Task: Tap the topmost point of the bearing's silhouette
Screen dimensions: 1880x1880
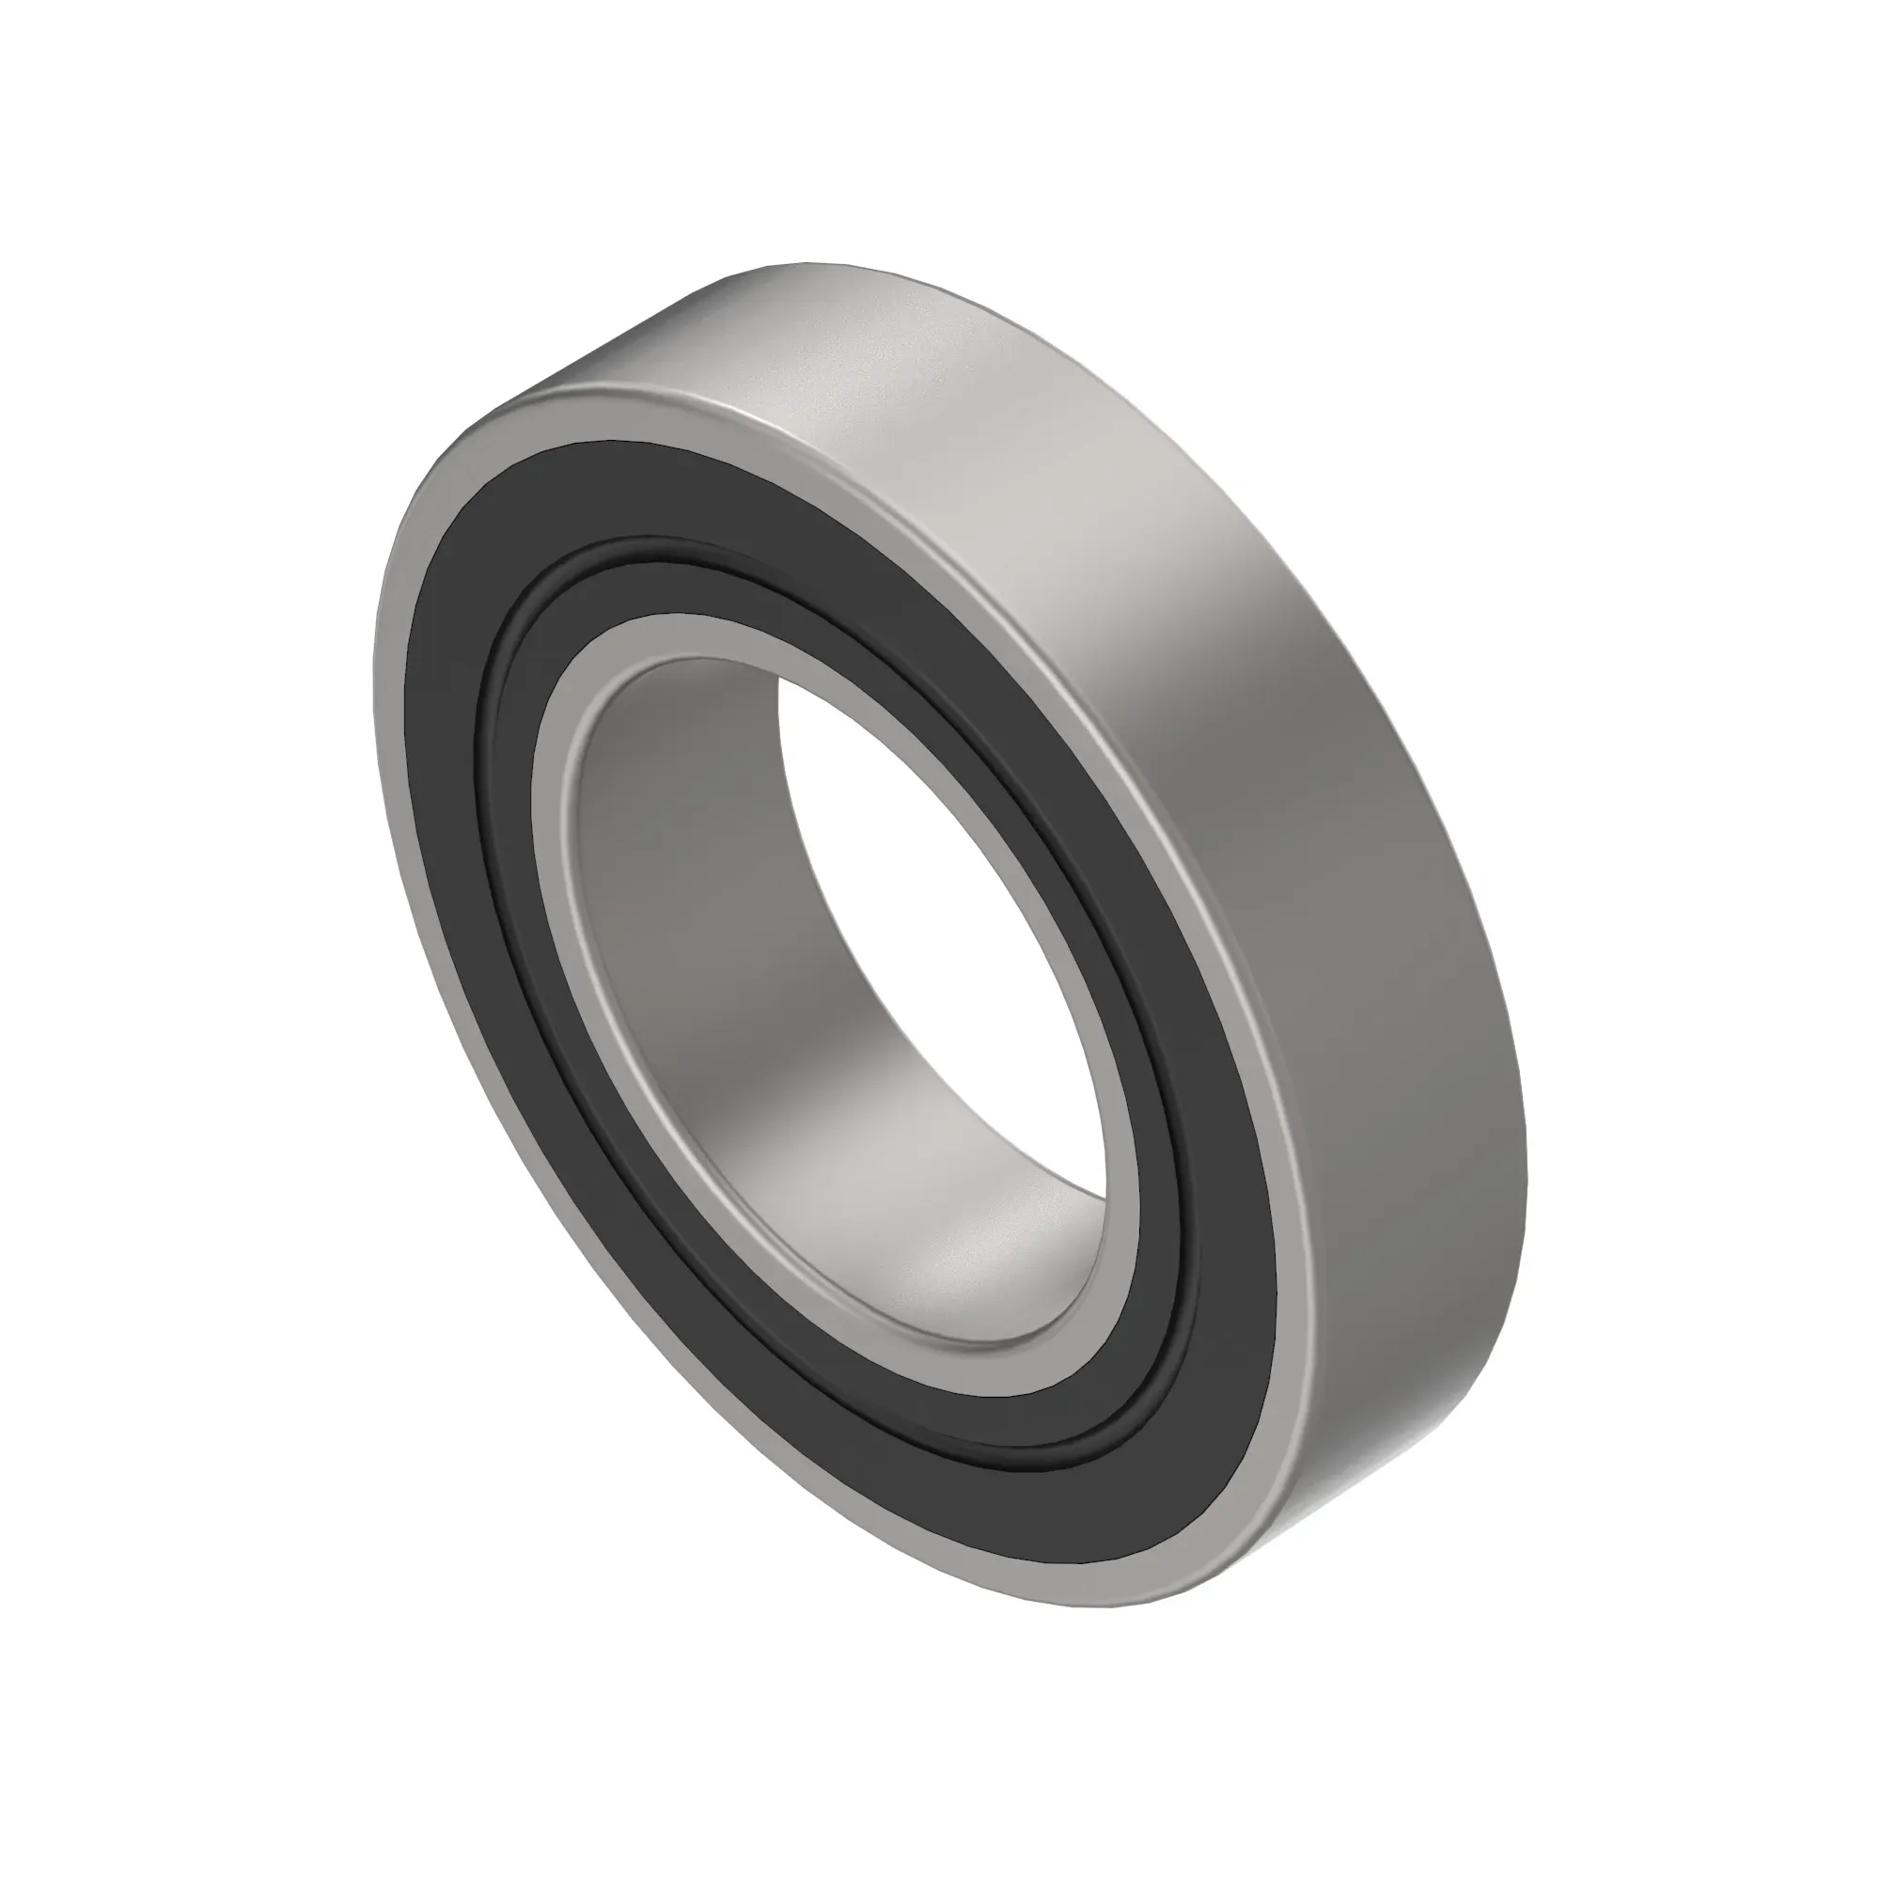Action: pos(807,263)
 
